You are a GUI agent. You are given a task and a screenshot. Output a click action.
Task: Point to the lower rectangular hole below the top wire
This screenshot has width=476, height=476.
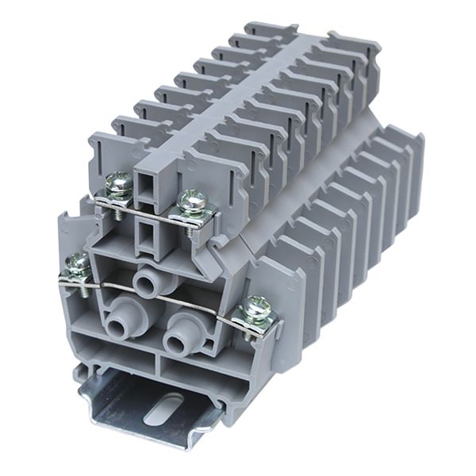click(147, 235)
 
